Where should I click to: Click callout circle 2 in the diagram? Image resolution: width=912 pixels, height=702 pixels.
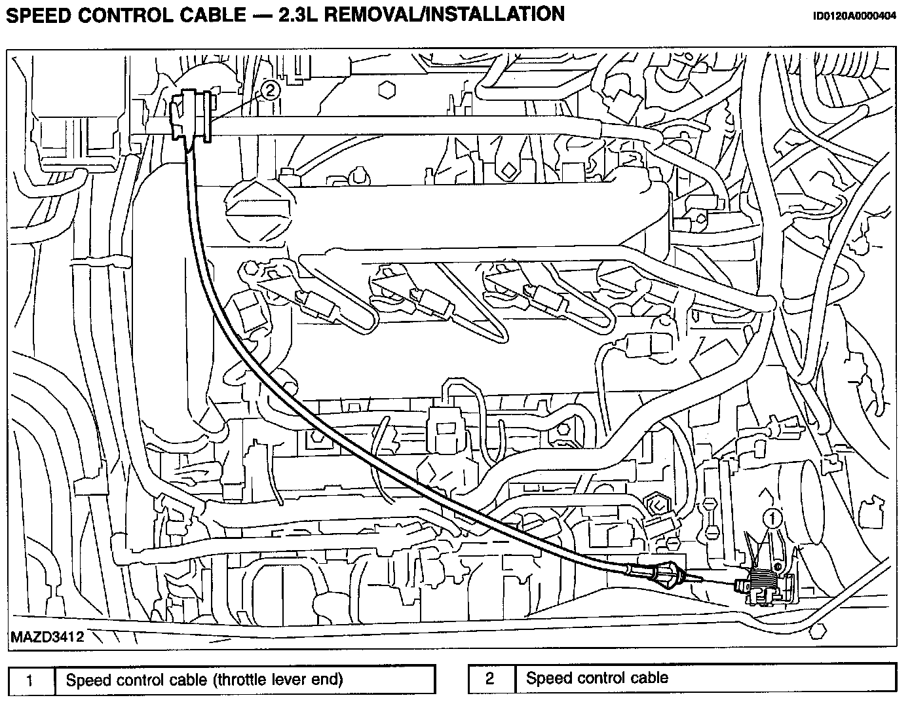click(x=270, y=89)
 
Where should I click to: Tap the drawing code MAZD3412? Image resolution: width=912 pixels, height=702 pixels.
click(x=47, y=637)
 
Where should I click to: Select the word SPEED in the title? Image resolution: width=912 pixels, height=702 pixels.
click(x=39, y=14)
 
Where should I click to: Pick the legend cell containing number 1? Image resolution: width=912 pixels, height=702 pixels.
click(x=29, y=680)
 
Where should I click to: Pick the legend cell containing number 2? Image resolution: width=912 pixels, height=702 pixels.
click(x=489, y=678)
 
